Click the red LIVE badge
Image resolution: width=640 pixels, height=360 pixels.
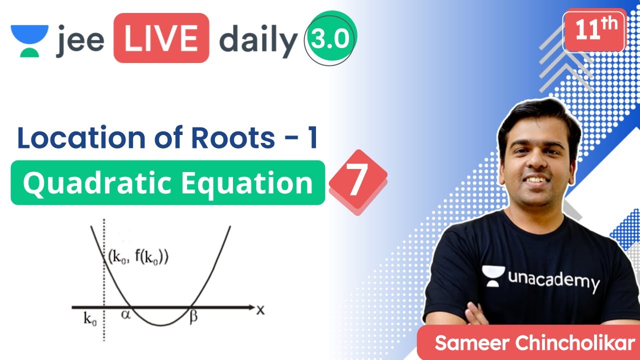pyautogui.click(x=160, y=38)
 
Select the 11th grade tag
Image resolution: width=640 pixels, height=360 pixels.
pyautogui.click(x=594, y=31)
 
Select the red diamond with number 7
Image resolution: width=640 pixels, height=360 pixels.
pyautogui.click(x=357, y=182)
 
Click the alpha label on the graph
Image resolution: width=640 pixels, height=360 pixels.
pyautogui.click(x=125, y=315)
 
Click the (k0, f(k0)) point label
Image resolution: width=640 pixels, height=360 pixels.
pyautogui.click(x=138, y=258)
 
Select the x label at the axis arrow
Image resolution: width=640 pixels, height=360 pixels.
pyautogui.click(x=260, y=309)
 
